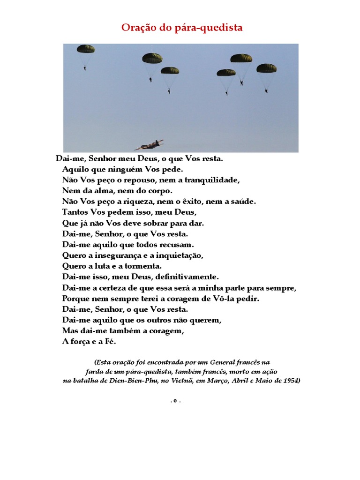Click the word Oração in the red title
137,28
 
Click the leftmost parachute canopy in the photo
86,49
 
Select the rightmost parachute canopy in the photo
266,68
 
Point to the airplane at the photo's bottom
149,144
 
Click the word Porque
75,299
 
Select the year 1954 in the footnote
291,381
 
